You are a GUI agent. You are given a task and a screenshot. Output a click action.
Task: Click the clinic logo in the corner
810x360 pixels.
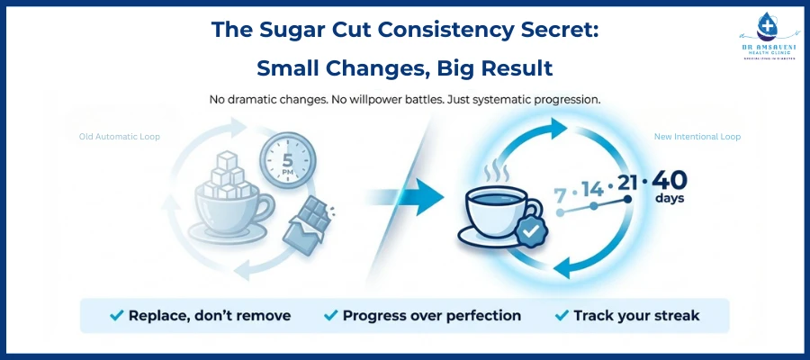[x=763, y=45]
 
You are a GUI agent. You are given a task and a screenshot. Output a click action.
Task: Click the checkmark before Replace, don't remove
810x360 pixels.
[x=116, y=316]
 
